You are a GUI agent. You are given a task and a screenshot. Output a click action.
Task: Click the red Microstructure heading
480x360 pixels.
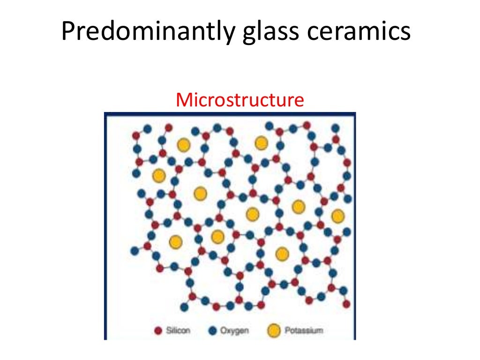[240, 100]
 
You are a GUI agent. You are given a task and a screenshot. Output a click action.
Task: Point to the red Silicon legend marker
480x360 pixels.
[158, 331]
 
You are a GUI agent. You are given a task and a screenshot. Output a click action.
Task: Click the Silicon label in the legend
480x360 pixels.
[178, 331]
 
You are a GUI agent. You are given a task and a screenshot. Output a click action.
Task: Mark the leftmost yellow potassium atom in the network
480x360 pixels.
[159, 175]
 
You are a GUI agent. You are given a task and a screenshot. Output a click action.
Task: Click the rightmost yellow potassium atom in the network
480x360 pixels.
[337, 216]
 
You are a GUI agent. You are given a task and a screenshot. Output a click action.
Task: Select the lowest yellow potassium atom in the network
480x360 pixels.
[282, 254]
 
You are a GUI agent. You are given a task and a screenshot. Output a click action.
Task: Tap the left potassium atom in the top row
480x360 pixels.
[183, 145]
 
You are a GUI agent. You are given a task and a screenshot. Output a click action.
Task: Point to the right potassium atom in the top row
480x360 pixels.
[262, 142]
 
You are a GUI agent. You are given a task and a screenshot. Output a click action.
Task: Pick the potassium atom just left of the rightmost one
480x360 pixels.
[298, 206]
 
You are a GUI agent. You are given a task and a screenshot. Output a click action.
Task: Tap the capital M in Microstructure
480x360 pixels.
[183, 100]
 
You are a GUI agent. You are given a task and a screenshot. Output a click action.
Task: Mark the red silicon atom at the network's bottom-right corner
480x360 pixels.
[346, 304]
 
